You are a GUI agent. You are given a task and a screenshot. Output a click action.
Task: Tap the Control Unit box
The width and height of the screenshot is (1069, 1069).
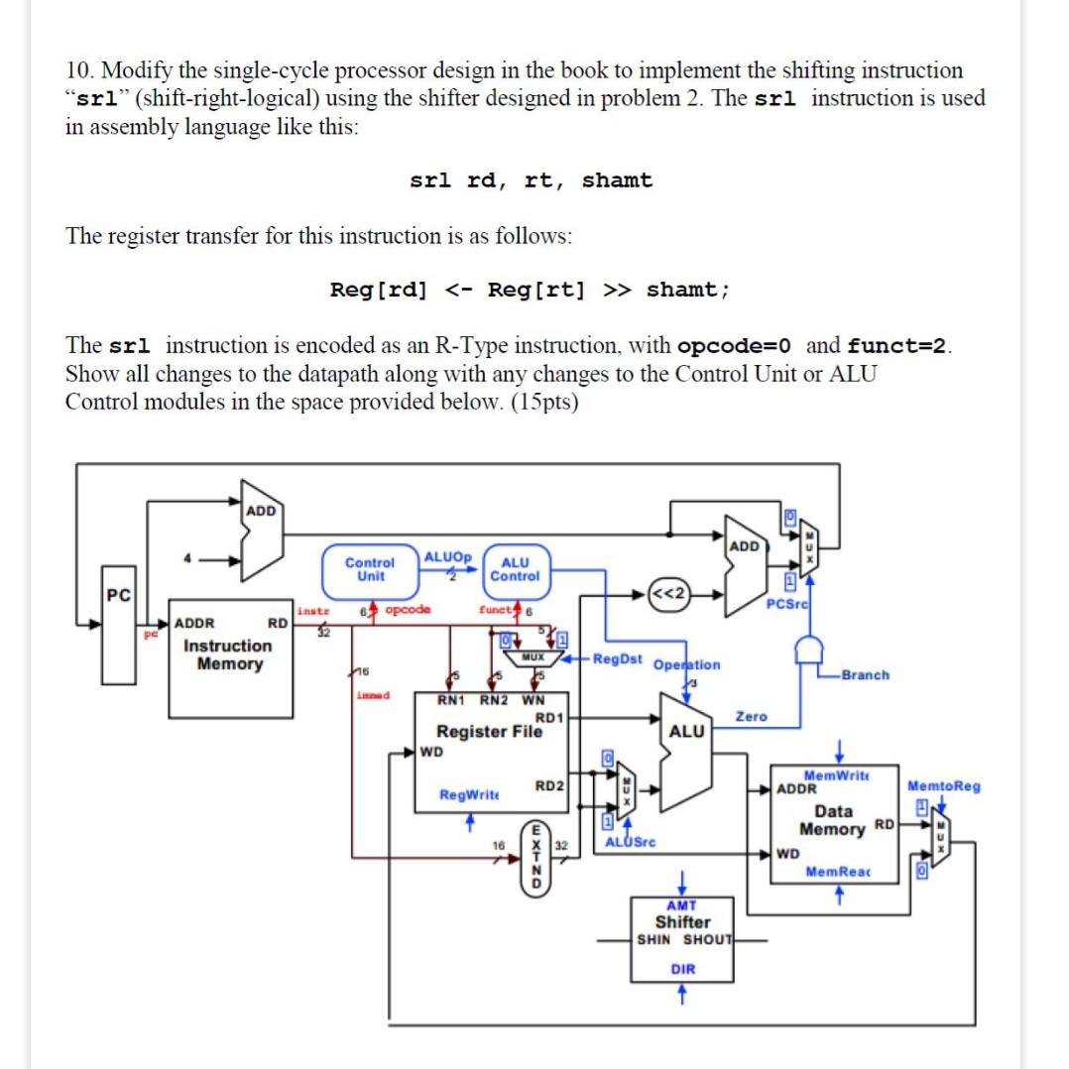[370, 568]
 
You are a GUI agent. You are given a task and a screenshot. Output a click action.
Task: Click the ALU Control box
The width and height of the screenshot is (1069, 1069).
[515, 568]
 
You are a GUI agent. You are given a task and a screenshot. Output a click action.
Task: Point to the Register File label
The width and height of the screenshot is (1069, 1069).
[489, 732]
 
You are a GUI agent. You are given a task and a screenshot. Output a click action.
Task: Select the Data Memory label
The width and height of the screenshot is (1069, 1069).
[833, 819]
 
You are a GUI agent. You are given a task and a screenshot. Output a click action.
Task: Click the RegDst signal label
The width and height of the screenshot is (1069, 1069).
[617, 659]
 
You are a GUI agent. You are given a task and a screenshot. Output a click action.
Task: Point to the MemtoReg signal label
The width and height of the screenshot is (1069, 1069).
[943, 786]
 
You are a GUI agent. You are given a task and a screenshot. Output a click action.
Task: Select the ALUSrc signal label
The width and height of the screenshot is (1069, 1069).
[630, 842]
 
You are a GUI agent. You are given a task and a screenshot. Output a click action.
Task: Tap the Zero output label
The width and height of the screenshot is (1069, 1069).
[750, 716]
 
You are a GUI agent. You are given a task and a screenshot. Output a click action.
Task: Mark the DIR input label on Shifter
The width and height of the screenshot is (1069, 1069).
[682, 969]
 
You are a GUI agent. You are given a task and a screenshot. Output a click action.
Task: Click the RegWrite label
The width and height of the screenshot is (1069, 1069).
[469, 795]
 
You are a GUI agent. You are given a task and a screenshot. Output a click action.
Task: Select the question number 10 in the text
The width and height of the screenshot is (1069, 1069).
[79, 71]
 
